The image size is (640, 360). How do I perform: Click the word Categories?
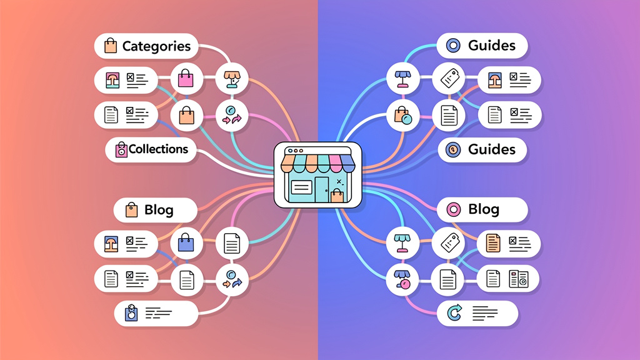pyautogui.click(x=156, y=46)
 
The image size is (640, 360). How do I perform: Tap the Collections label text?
pyautogui.click(x=158, y=149)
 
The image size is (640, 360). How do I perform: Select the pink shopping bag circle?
pyautogui.click(x=186, y=79)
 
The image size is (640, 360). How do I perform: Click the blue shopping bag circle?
pyautogui.click(x=186, y=242)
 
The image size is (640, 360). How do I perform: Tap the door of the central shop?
pyautogui.click(x=321, y=189)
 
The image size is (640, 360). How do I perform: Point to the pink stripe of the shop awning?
pyautogui.click(x=335, y=164)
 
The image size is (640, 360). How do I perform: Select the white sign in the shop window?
pyautogui.click(x=301, y=187)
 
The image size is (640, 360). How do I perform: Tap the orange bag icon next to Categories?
pyautogui.click(x=111, y=46)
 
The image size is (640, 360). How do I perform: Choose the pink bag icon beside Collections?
pyautogui.click(x=121, y=149)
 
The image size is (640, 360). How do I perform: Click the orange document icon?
pyautogui.click(x=494, y=242)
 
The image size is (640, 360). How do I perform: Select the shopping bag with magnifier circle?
pyautogui.click(x=402, y=114)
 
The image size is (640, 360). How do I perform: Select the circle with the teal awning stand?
pyautogui.click(x=402, y=242)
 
